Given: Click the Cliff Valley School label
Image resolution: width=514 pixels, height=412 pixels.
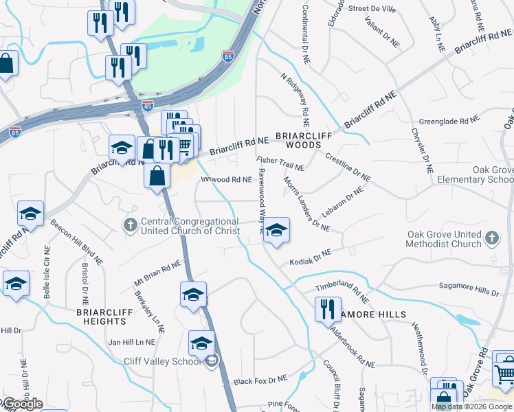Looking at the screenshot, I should click(162, 361).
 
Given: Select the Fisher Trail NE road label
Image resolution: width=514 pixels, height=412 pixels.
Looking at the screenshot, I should click(280, 163).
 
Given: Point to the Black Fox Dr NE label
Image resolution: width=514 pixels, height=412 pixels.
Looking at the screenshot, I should click(260, 380).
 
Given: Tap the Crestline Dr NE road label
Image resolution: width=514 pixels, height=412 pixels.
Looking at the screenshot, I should click(348, 168).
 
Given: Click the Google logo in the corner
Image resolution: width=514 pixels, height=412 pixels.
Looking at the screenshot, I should click(22, 404).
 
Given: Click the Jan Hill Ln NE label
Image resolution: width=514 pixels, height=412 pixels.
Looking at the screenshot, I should click(132, 341).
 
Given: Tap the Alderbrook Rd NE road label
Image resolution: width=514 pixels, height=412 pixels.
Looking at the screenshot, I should click(352, 347).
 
